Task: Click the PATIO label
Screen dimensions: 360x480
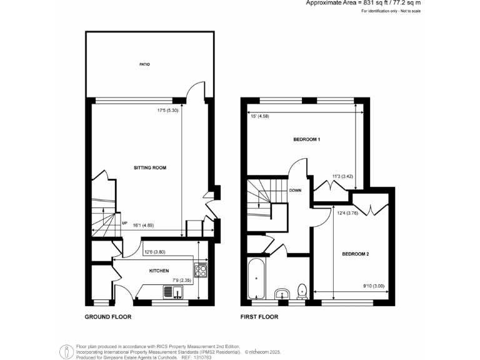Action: [144, 64]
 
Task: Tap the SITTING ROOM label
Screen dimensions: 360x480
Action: [150, 168]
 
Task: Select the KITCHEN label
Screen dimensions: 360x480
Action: [159, 271]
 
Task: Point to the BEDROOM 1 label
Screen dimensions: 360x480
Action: [307, 139]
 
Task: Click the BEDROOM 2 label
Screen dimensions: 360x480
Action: [356, 254]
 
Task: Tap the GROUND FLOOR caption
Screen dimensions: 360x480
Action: [108, 317]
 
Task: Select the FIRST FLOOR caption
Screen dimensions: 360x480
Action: [259, 317]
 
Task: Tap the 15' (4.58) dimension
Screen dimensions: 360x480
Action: [260, 115]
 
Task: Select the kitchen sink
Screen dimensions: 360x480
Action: [169, 292]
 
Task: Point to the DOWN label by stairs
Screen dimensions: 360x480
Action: [297, 191]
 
